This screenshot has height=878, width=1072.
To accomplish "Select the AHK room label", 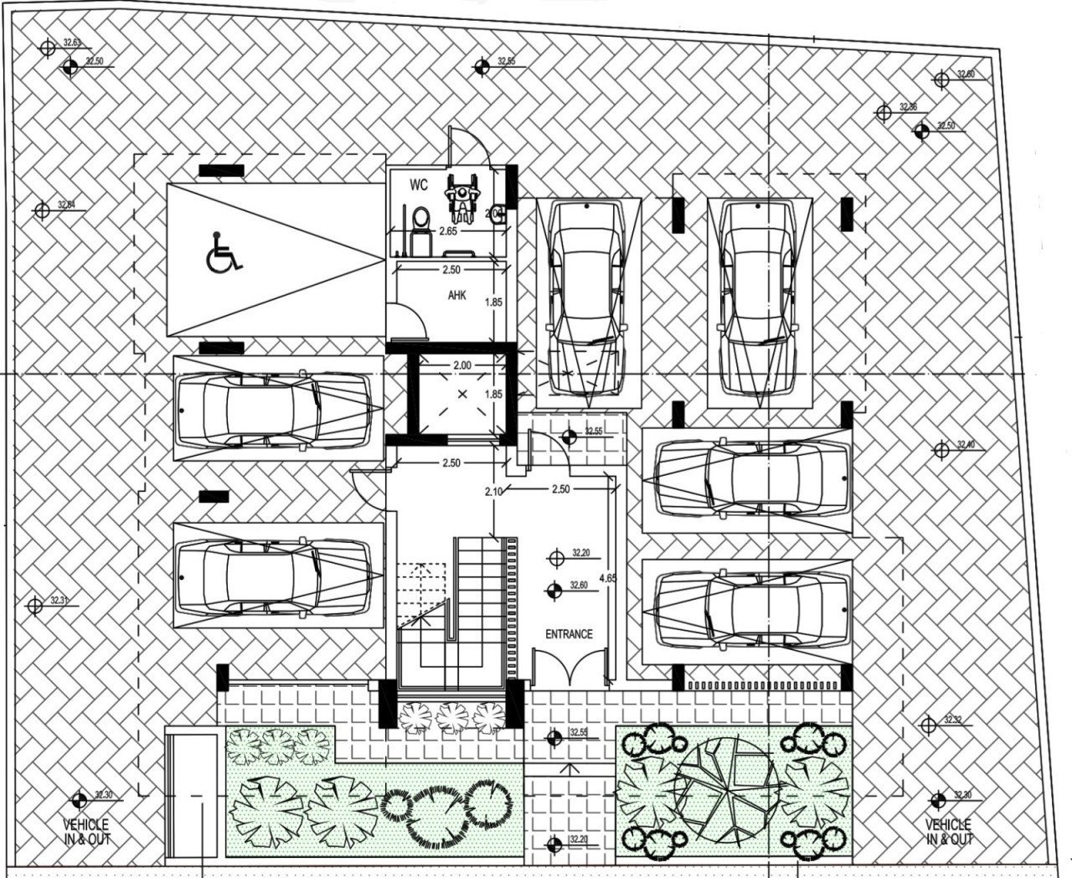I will coord(457,296).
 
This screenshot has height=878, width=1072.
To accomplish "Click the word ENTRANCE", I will coord(569,634).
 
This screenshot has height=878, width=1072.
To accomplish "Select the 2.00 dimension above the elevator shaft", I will coord(461,365).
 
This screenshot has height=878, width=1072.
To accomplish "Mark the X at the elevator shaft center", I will coord(462,394).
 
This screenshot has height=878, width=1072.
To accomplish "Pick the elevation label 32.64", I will coord(66,205).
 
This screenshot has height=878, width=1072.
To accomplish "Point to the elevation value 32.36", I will coord(908,107).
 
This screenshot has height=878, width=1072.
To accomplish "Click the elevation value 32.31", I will coord(59,600).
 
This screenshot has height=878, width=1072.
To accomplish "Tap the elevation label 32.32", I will coord(952,720).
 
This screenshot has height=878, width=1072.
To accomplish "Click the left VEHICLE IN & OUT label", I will coord(86,832).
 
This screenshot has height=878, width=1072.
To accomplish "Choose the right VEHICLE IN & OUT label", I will coord(950,832).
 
